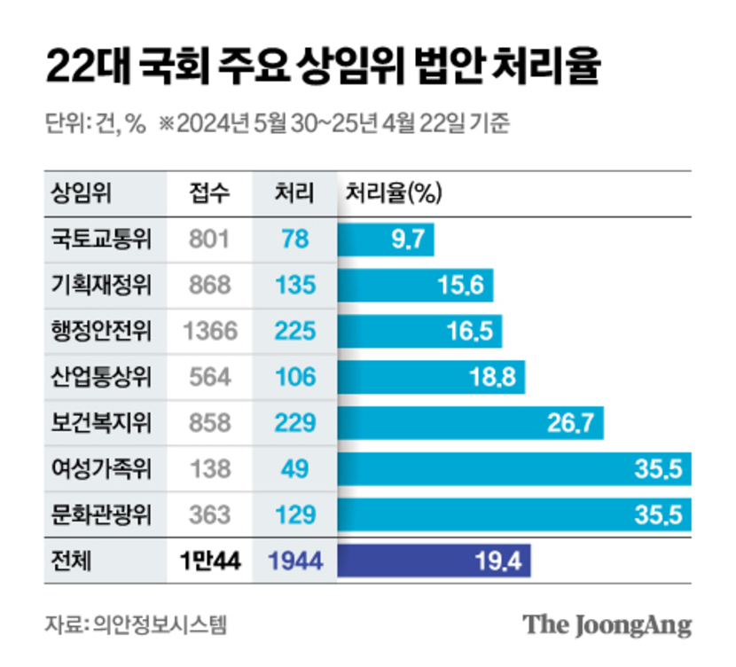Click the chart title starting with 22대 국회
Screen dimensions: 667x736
click(324, 67)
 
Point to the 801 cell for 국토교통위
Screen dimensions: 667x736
click(210, 239)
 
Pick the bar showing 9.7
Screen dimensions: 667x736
click(386, 239)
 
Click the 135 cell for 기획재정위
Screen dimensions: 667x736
click(295, 285)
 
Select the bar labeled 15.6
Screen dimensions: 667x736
click(415, 285)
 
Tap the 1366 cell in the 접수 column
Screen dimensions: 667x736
click(210, 331)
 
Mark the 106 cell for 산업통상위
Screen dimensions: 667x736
click(295, 377)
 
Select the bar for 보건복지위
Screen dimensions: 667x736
click(470, 423)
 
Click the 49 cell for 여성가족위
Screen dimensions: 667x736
click(295, 469)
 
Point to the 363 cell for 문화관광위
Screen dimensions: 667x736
click(210, 515)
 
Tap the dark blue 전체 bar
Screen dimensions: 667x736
click(434, 561)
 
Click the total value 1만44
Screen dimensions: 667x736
click(209, 561)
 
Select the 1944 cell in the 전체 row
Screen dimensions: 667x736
click(295, 561)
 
